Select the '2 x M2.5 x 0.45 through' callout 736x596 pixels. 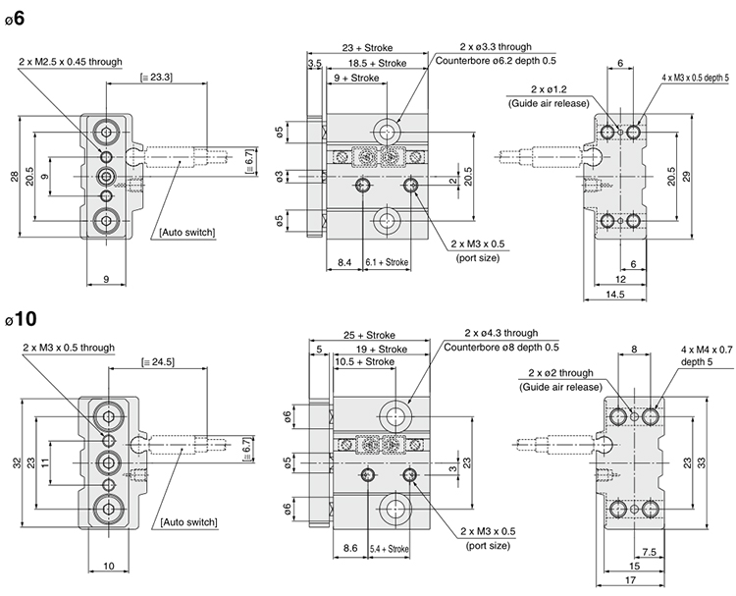coord(71,62)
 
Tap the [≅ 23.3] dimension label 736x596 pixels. coord(158,77)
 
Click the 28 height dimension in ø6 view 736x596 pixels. coord(14,176)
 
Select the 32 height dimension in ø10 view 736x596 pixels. coord(14,463)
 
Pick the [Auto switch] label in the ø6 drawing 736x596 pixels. coord(186,233)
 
